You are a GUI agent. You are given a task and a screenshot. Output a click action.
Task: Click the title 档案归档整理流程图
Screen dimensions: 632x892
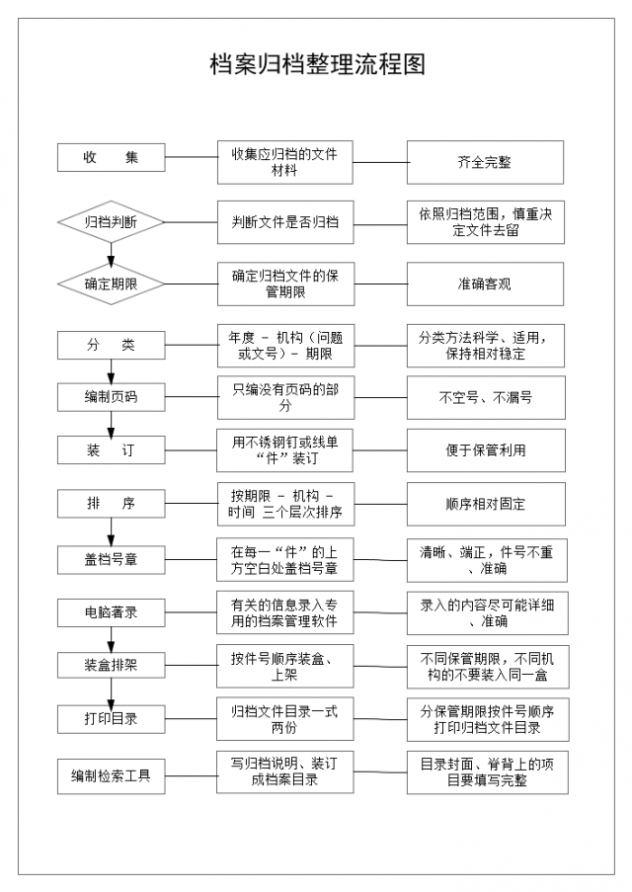pyautogui.click(x=317, y=64)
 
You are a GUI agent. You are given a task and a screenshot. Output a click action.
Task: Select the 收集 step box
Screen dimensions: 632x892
pyautogui.click(x=111, y=158)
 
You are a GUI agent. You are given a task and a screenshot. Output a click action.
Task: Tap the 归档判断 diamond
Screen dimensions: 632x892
pyautogui.click(x=111, y=221)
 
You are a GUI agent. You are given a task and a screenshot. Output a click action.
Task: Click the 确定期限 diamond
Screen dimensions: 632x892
pyautogui.click(x=111, y=284)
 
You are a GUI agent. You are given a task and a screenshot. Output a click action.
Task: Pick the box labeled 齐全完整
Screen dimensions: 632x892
pyautogui.click(x=485, y=162)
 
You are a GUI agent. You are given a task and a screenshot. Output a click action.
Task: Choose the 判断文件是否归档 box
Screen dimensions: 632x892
pyautogui.click(x=285, y=222)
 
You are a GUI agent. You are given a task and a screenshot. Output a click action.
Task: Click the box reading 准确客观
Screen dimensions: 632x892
pyautogui.click(x=485, y=284)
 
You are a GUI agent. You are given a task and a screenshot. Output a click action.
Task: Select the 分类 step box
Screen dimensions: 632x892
pyautogui.click(x=111, y=345)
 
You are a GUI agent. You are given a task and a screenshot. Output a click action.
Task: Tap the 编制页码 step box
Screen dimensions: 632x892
pyautogui.click(x=111, y=396)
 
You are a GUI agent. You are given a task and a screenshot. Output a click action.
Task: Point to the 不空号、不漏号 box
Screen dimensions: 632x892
pyautogui.click(x=486, y=398)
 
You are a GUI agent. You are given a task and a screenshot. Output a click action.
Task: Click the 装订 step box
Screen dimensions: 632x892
pyautogui.click(x=111, y=450)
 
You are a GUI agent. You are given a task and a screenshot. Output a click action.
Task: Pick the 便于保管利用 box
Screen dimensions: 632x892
pyautogui.click(x=486, y=450)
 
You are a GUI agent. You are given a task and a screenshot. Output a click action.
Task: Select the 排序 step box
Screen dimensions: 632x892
pyautogui.click(x=111, y=504)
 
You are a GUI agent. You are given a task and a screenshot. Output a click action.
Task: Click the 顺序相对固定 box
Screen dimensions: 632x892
pyautogui.click(x=486, y=504)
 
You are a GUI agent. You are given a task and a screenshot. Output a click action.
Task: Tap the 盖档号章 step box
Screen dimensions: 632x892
pyautogui.click(x=111, y=560)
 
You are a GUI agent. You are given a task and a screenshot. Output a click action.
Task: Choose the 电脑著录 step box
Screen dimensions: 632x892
pyautogui.click(x=111, y=612)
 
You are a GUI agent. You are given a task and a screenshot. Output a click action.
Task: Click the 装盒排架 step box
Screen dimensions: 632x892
pyautogui.click(x=111, y=665)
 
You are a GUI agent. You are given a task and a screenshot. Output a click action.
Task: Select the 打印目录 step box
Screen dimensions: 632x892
pyautogui.click(x=111, y=719)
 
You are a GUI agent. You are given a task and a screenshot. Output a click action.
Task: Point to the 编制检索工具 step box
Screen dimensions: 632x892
pyautogui.click(x=111, y=776)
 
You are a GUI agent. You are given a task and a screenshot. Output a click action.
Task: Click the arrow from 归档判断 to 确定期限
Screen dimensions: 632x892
pyautogui.click(x=111, y=254)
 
